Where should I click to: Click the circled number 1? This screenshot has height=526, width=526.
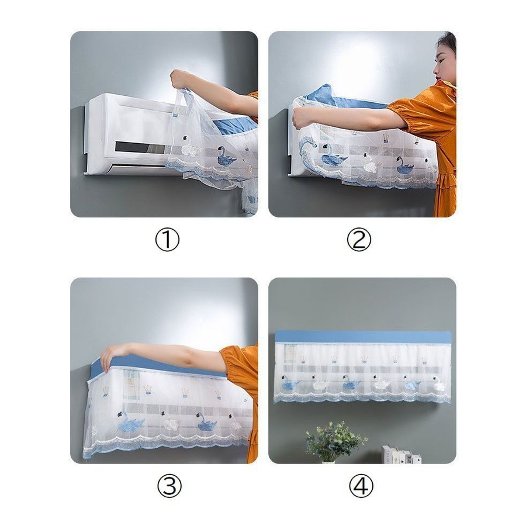pos(167,240)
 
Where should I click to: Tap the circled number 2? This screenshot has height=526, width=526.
pos(359,240)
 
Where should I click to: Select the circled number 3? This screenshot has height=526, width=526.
pos(169,486)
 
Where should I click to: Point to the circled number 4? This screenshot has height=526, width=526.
pos(361,486)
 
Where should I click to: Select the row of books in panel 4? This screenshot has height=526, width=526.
pos(402,455)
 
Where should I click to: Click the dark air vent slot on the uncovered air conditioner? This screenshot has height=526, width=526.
pos(141,148)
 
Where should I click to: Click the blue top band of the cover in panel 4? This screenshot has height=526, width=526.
pos(362,337)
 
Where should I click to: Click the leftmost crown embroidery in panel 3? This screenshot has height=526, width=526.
pos(106,391)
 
